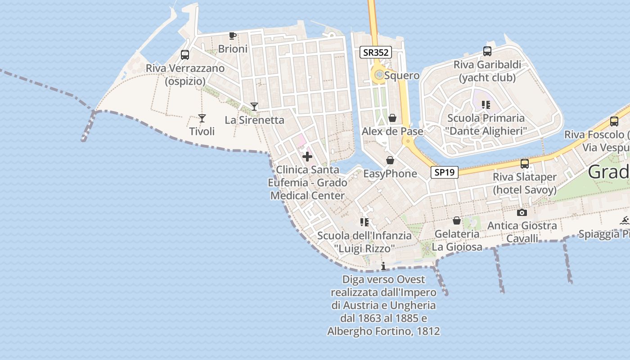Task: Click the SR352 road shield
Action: (376, 52)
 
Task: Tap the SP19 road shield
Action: (444, 172)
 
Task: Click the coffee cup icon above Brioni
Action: (233, 36)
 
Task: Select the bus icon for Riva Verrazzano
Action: (185, 55)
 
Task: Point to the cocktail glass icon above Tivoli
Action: (202, 118)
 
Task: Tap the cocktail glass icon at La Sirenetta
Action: (254, 107)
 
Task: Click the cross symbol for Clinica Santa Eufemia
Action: (307, 157)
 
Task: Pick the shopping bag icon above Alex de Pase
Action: (392, 118)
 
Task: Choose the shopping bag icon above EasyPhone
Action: (390, 160)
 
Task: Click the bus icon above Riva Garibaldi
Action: (487, 51)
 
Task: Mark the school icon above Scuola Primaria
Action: (486, 105)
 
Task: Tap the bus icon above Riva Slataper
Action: (525, 164)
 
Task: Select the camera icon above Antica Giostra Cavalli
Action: (522, 212)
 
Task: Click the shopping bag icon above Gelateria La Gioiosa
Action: (457, 220)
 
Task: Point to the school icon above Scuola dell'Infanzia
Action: (364, 222)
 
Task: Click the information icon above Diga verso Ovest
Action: (383, 266)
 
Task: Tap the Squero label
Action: (402, 76)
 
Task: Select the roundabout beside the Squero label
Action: (379, 75)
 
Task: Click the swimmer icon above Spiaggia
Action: (624, 220)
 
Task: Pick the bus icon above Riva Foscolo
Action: (614, 121)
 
